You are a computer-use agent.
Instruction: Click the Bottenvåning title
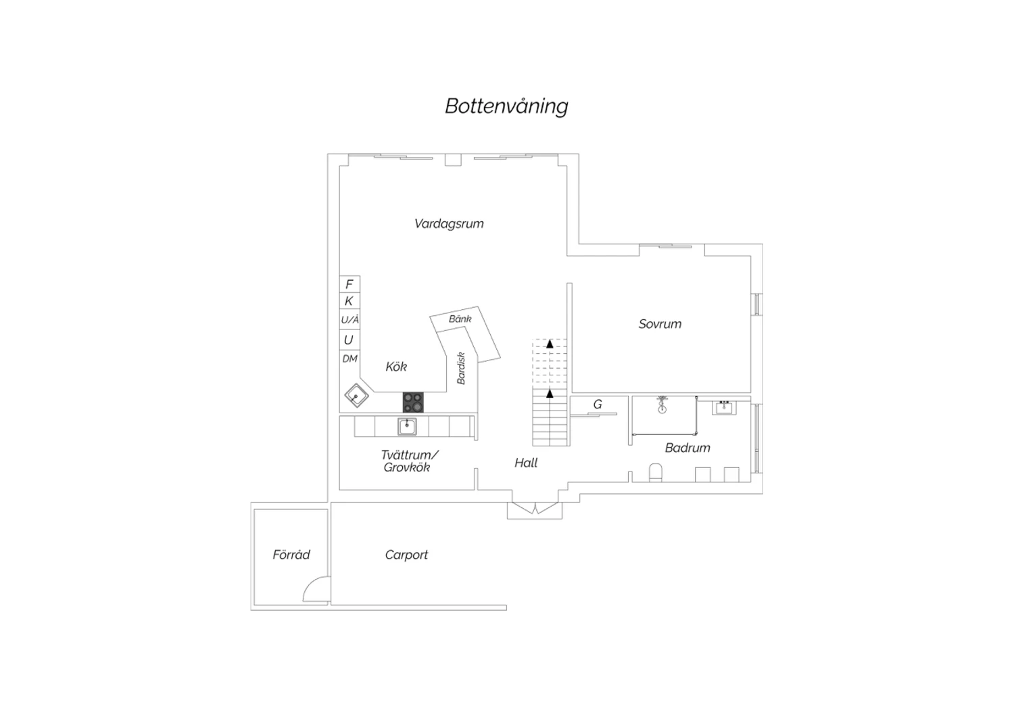click(506, 106)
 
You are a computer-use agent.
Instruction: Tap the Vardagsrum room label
click(449, 224)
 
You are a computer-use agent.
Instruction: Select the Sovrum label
click(660, 324)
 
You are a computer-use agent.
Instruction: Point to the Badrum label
click(687, 448)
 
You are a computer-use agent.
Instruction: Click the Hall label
click(526, 463)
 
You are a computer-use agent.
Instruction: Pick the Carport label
click(406, 555)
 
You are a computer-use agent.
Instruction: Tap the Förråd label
click(291, 555)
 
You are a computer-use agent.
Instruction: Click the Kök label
click(396, 367)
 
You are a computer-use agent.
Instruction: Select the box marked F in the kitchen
click(349, 284)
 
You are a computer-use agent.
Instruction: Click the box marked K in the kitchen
click(349, 301)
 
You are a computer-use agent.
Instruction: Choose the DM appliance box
click(349, 358)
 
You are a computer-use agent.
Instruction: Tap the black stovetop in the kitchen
click(413, 402)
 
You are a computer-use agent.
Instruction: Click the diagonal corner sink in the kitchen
click(356, 396)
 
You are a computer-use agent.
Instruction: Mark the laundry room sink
click(407, 427)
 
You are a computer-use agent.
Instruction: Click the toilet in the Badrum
click(656, 472)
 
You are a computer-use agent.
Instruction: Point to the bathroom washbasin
click(724, 407)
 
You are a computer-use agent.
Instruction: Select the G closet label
click(598, 404)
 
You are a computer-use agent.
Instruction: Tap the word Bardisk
click(461, 368)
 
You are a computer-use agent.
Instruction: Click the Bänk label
click(460, 319)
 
